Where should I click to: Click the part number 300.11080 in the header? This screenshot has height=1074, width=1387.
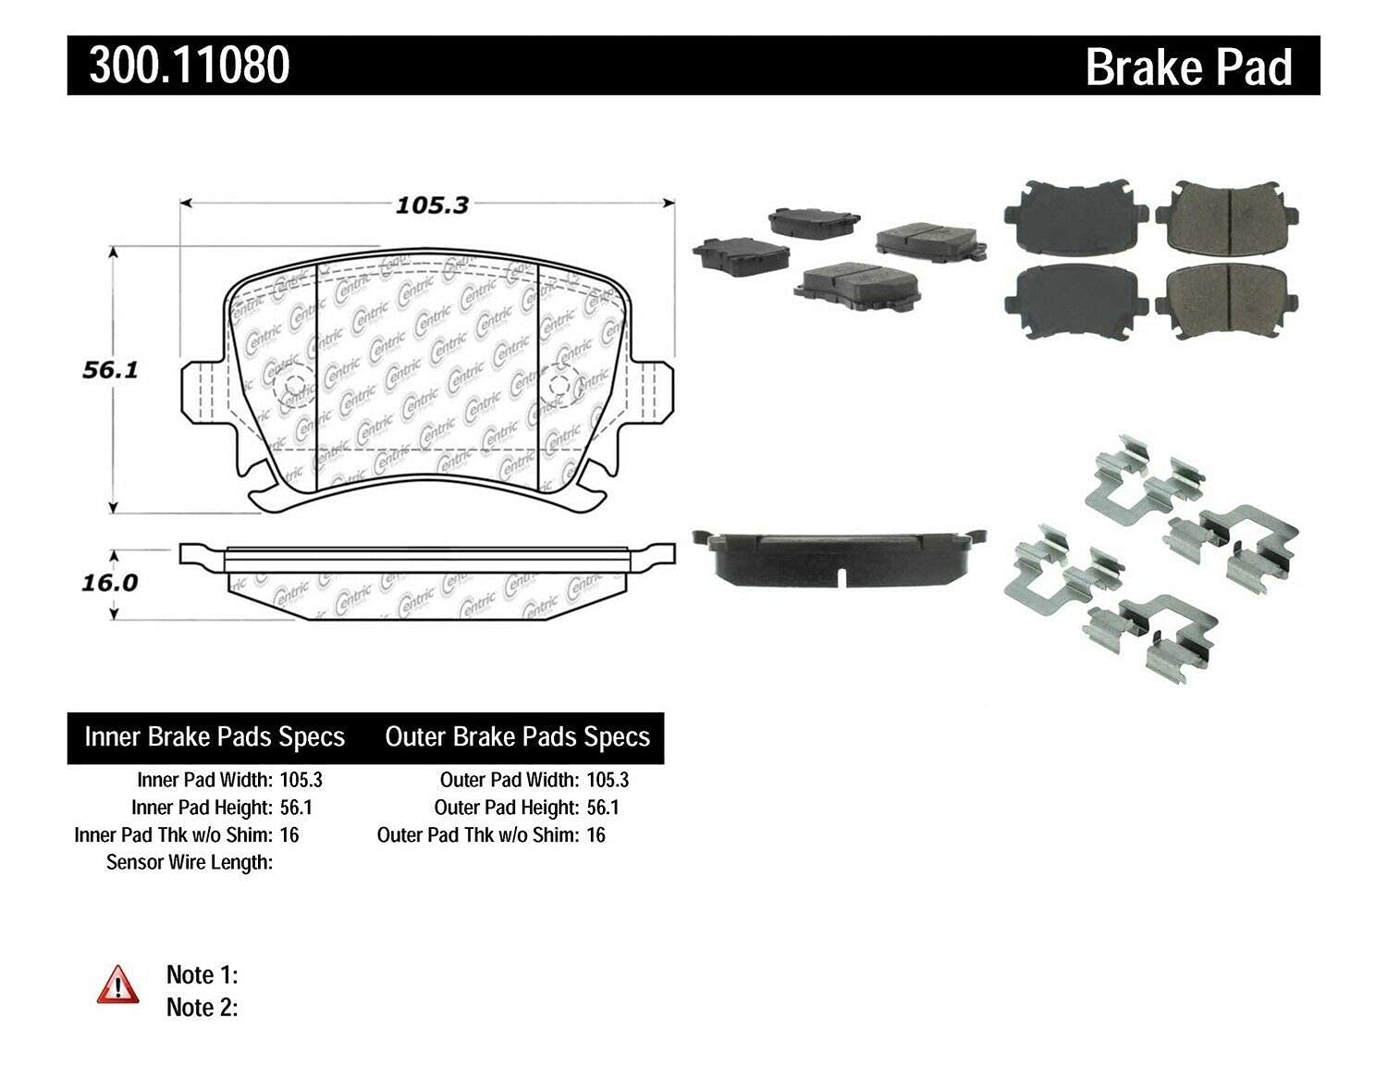click(190, 65)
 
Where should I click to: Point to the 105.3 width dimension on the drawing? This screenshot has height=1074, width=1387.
click(432, 205)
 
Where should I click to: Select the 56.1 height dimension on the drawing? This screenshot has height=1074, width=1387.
click(110, 370)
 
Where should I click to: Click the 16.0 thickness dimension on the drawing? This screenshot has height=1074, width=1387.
click(110, 583)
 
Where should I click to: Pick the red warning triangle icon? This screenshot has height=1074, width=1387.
click(118, 984)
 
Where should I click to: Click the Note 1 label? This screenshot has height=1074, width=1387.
click(203, 975)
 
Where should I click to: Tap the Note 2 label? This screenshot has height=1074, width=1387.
click(203, 1007)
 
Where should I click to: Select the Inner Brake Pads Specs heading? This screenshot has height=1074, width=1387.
click(215, 737)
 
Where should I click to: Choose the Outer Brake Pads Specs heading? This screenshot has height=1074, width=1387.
click(518, 737)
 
